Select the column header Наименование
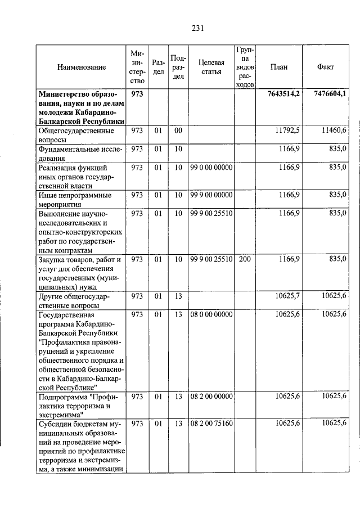click(x=81, y=67)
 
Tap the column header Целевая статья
click(x=211, y=67)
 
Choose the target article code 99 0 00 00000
click(x=211, y=168)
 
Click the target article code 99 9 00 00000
click(x=211, y=195)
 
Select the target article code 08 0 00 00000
click(x=211, y=314)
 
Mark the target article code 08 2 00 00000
click(x=211, y=397)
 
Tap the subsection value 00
click(x=178, y=130)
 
